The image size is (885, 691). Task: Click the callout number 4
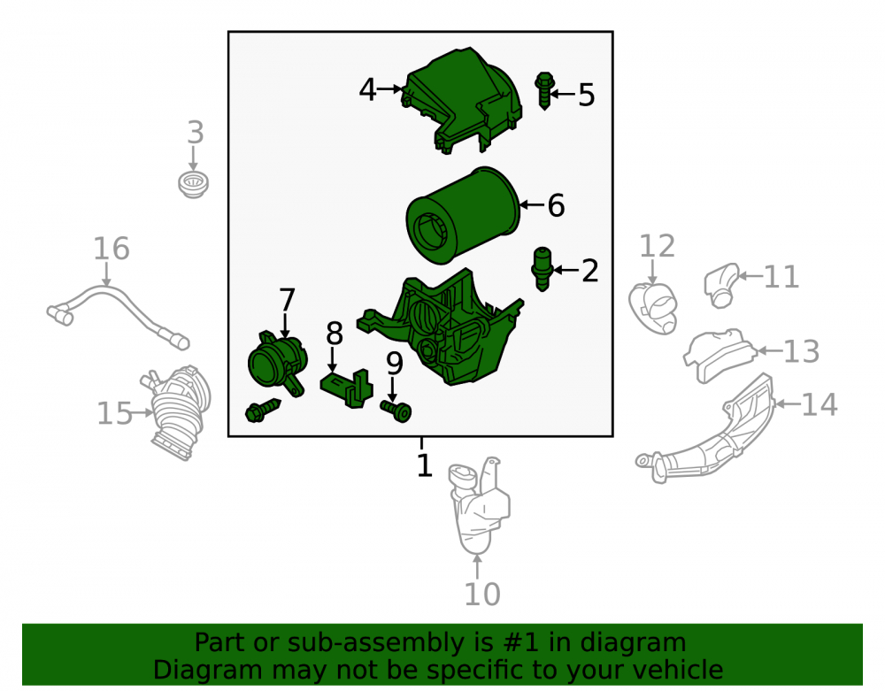tap(367, 89)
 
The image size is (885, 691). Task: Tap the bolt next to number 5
tap(544, 90)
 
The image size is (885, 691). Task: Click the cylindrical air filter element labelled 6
tap(463, 216)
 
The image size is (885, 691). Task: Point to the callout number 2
tap(589, 271)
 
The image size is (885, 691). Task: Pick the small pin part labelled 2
tap(542, 268)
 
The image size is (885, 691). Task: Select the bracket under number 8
tap(347, 388)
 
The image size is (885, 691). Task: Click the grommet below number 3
tap(194, 185)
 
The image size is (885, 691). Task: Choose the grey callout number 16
tap(112, 249)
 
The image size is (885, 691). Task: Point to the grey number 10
tap(482, 594)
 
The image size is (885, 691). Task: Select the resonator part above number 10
tap(479, 505)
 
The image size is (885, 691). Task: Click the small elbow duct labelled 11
tap(721, 286)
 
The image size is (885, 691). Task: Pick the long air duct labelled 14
tap(712, 434)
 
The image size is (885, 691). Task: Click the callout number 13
tap(802, 351)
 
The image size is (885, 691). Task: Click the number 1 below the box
tap(424, 465)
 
